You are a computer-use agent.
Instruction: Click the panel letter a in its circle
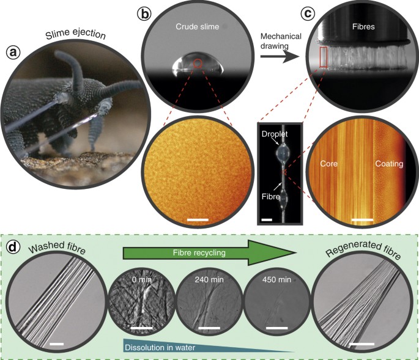(12, 53)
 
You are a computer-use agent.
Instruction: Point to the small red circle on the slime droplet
(197, 62)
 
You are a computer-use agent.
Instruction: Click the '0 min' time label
(139, 279)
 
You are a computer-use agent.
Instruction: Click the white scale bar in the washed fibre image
(57, 344)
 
